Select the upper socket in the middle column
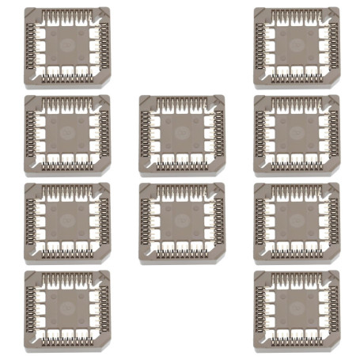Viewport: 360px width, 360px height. (x=181, y=135)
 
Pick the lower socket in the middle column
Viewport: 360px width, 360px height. (x=181, y=222)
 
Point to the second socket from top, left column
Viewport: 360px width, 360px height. (x=67, y=135)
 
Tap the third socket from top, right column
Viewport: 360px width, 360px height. (x=297, y=222)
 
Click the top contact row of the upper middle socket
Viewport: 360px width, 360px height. (x=181, y=104)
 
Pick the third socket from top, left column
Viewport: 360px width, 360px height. (x=67, y=222)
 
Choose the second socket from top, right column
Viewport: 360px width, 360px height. (x=297, y=135)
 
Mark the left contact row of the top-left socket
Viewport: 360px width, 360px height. (x=31, y=47)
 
